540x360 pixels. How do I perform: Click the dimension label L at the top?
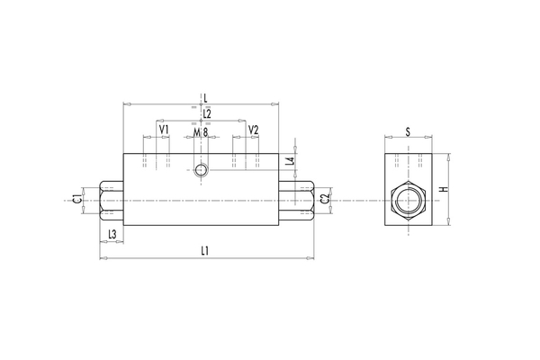[x=206, y=96]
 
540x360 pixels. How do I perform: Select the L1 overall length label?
[x=205, y=251]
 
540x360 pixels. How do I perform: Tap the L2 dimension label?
[x=206, y=113]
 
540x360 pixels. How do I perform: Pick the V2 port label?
[x=253, y=130]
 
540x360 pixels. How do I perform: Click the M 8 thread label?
[x=202, y=131]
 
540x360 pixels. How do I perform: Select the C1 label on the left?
[x=77, y=198]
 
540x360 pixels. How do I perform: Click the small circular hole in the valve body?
[x=202, y=170]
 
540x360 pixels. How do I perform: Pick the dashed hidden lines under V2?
[x=246, y=161]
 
